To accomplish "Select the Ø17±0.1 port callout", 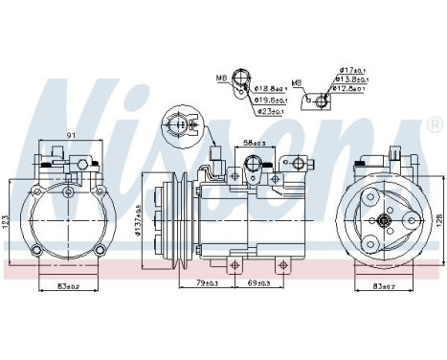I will [352, 71].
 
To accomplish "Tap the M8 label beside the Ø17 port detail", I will [296, 82].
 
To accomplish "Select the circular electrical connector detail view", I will [179, 124].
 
